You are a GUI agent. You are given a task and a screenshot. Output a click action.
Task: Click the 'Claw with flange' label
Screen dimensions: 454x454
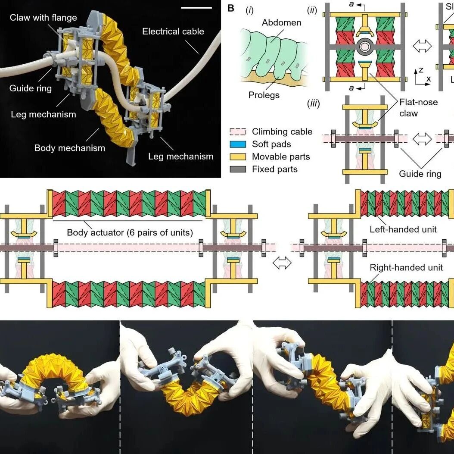43,18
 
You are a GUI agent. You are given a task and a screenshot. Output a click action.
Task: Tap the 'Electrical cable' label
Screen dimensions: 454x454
173,31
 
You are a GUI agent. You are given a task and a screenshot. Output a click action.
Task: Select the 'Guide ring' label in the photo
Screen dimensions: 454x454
31,88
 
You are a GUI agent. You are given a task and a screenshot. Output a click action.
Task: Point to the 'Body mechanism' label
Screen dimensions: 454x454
70,148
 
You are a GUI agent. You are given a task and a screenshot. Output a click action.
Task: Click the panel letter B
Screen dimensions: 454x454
231,8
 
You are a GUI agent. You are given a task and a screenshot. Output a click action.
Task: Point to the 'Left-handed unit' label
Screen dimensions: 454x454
403,229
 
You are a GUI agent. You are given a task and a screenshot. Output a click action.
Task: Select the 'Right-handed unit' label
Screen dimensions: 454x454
406,268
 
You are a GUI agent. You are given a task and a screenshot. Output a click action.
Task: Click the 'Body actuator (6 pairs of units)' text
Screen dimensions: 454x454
130,232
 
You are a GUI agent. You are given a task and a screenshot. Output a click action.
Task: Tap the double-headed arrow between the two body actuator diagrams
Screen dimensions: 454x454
283,263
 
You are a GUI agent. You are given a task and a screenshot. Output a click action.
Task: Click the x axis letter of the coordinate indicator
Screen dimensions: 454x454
428,79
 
